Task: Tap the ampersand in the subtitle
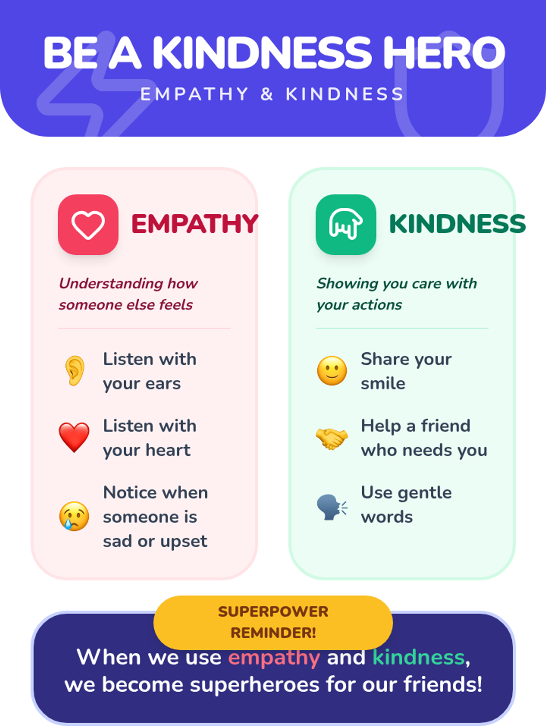coord(267,94)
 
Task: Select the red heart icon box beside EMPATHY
coord(88,224)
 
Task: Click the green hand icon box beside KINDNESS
coord(346,224)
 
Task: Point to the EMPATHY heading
coord(195,224)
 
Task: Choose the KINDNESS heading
coord(457,224)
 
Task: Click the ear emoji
coord(75,371)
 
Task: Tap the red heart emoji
coord(74,437)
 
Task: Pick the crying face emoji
coord(74,516)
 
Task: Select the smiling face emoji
coord(332,371)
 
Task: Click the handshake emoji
coord(332,438)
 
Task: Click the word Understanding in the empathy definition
coord(111,283)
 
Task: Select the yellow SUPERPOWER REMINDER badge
coord(273,622)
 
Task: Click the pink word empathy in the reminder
coord(274,658)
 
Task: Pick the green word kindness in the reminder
coord(419,658)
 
